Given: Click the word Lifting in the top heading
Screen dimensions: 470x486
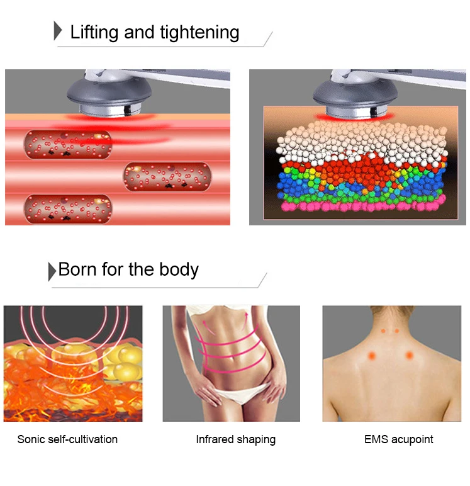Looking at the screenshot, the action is point(95,32).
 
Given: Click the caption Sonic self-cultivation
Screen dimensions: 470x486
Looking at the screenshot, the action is point(67,439).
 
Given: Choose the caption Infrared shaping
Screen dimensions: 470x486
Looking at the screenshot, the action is point(235,439).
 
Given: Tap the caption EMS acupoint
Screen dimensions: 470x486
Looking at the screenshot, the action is point(399,439).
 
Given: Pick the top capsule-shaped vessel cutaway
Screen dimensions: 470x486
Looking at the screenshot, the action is point(68,144).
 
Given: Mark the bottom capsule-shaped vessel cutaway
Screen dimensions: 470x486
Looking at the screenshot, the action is point(68,208).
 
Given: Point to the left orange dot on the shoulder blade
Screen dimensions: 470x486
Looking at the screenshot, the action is point(372,355).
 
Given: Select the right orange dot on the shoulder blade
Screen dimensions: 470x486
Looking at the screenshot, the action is point(410,355).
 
